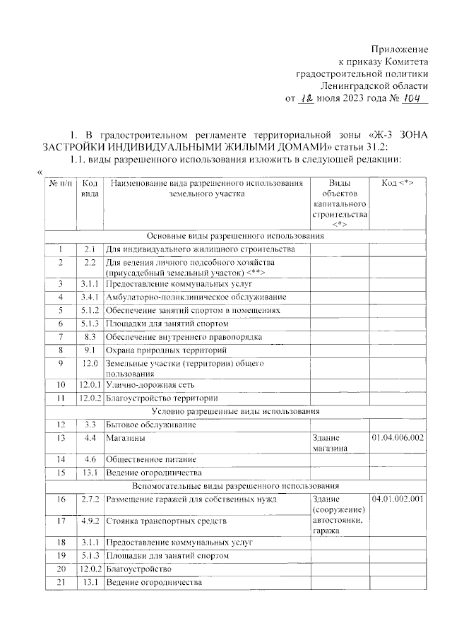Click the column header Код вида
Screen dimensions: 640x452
pyautogui.click(x=89, y=187)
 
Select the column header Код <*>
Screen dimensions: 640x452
pyautogui.click(x=397, y=183)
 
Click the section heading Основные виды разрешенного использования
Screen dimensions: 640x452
pyautogui.click(x=235, y=235)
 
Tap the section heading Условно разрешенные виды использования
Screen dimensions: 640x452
pyautogui.click(x=235, y=411)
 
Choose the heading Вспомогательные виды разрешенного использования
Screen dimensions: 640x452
pyautogui.click(x=235, y=487)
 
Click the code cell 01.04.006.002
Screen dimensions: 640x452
pyautogui.click(x=397, y=438)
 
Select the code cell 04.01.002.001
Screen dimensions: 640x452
pyautogui.click(x=397, y=499)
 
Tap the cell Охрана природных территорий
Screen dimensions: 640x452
pyautogui.click(x=167, y=350)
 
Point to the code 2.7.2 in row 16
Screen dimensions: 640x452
pyautogui.click(x=89, y=499)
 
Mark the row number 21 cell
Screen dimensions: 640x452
pyautogui.click(x=61, y=583)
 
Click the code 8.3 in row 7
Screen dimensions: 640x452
pyautogui.click(x=89, y=336)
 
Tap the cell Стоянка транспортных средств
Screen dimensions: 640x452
pyautogui.click(x=167, y=522)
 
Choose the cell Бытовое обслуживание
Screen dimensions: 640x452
pyautogui.click(x=150, y=425)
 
